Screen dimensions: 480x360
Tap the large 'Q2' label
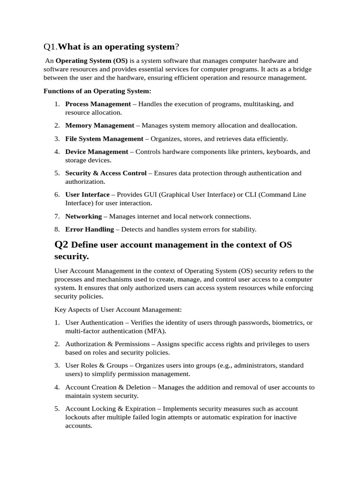pyautogui.click(x=61, y=244)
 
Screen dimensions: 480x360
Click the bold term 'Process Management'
pyautogui.click(x=98, y=104)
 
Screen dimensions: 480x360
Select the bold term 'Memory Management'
pyautogui.click(x=99, y=126)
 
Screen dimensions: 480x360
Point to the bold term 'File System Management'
pyautogui.click(x=104, y=139)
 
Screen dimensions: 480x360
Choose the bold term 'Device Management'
pyautogui.click(x=97, y=152)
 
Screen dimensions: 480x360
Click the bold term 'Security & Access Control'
pyautogui.click(x=106, y=173)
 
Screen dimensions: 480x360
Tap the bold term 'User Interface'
pyautogui.click(x=87, y=195)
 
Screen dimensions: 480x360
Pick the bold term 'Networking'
pyautogui.click(x=83, y=217)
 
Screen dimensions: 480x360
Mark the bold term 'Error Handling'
pyautogui.click(x=90, y=230)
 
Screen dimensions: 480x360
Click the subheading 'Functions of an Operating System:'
pyautogui.click(x=97, y=91)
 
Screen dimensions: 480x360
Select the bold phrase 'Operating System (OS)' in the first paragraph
pyautogui.click(x=92, y=61)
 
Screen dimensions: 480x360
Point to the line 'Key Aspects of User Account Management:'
pyautogui.click(x=118, y=310)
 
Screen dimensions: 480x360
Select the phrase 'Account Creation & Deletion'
pyautogui.click(x=108, y=387)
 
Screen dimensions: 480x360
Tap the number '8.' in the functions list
pyautogui.click(x=57, y=230)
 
